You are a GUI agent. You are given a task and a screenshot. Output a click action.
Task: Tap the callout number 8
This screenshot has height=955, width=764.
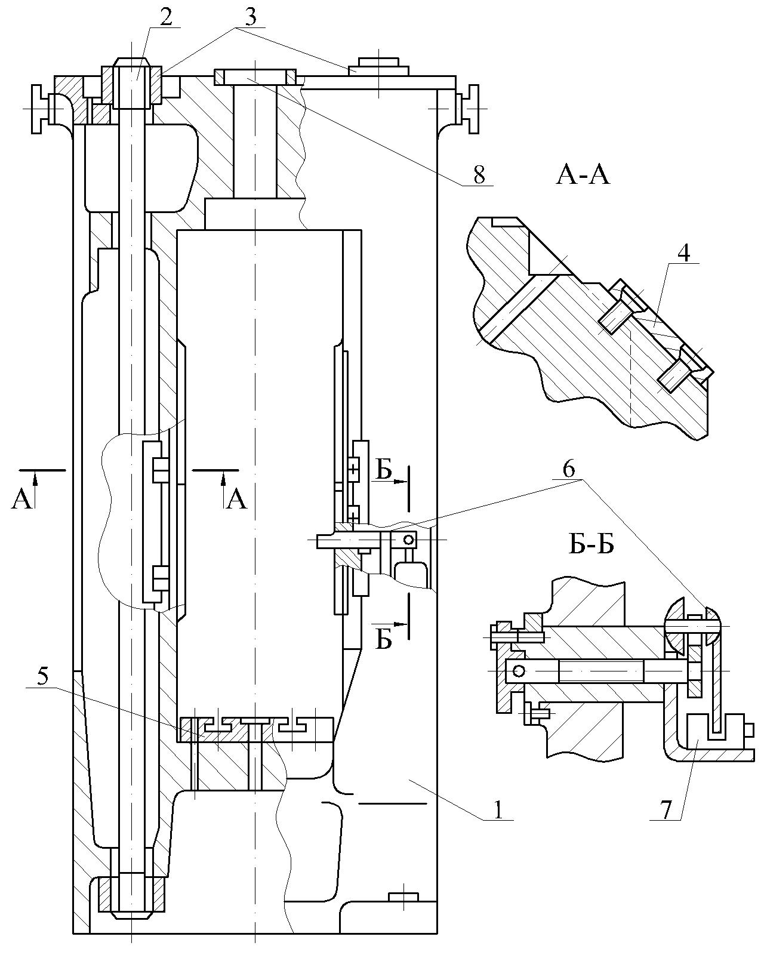point(479,175)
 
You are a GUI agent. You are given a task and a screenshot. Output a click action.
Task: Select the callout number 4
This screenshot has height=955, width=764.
point(684,253)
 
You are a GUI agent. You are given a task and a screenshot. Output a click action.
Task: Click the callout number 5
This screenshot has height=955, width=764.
point(42,677)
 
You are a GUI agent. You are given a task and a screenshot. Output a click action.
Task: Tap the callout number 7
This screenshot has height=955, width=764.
point(666,809)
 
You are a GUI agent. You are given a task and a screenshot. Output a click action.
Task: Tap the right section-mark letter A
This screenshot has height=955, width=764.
point(237,499)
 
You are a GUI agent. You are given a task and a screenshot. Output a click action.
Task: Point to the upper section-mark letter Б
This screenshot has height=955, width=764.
point(384,472)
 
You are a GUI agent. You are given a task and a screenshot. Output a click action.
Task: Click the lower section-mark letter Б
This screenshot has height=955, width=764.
point(384,640)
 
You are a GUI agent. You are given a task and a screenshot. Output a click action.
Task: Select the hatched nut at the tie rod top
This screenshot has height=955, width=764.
point(132,84)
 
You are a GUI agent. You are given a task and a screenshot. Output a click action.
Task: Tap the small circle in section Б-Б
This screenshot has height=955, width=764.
point(519,671)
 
